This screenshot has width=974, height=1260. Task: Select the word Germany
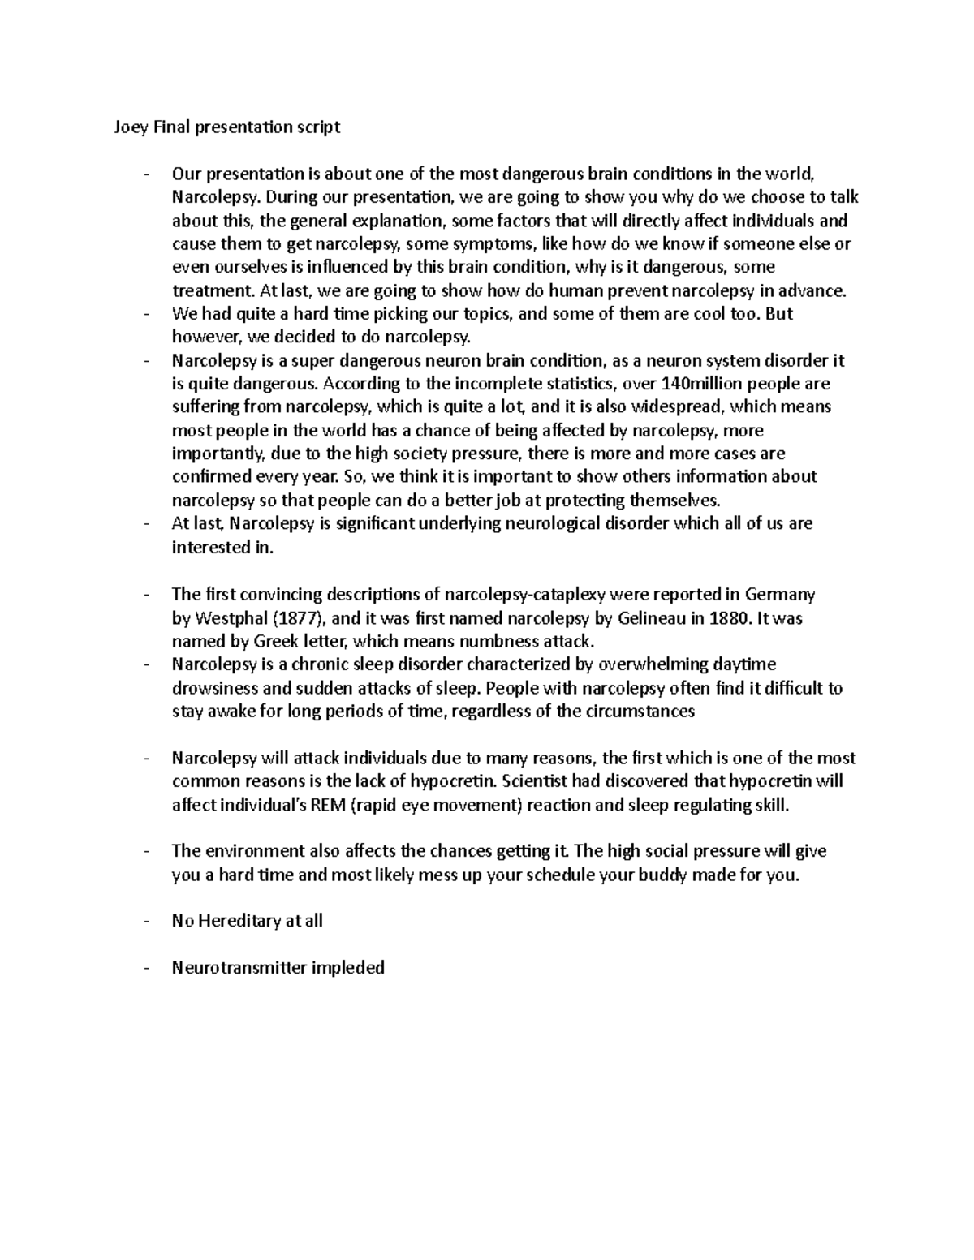pos(781,595)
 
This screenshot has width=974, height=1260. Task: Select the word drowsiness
pos(213,689)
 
